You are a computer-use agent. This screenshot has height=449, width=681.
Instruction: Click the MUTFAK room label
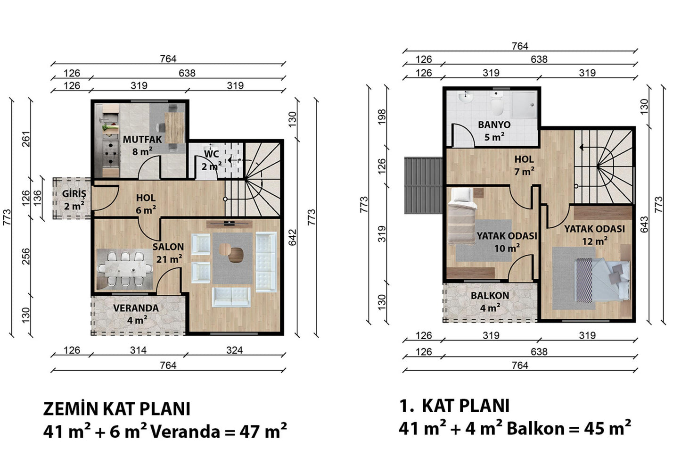pyautogui.click(x=142, y=139)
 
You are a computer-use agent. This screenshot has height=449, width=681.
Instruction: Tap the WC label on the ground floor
pyautogui.click(x=212, y=154)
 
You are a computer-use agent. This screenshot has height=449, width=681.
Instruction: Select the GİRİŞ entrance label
pyautogui.click(x=74, y=194)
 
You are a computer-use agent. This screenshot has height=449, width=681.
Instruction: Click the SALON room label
pyautogui.click(x=168, y=247)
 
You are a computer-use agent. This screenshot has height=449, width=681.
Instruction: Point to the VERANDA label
pyautogui.click(x=136, y=308)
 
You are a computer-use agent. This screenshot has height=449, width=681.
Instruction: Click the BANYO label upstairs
pyautogui.click(x=494, y=125)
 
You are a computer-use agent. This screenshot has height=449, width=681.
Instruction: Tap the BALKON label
pyautogui.click(x=490, y=296)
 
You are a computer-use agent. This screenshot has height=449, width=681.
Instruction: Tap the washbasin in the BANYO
pyautogui.click(x=466, y=97)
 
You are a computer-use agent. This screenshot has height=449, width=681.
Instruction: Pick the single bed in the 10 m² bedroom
pyautogui.click(x=461, y=216)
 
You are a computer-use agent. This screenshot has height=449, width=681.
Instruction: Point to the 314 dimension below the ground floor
pyautogui.click(x=139, y=350)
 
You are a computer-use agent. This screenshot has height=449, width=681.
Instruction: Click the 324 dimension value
pyautogui.click(x=234, y=350)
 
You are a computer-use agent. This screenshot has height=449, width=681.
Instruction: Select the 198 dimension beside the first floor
pyautogui.click(x=382, y=117)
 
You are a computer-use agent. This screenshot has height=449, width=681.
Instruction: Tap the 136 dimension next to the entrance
pyautogui.click(x=37, y=198)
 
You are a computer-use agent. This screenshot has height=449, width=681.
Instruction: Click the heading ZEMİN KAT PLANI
pyautogui.click(x=117, y=409)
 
